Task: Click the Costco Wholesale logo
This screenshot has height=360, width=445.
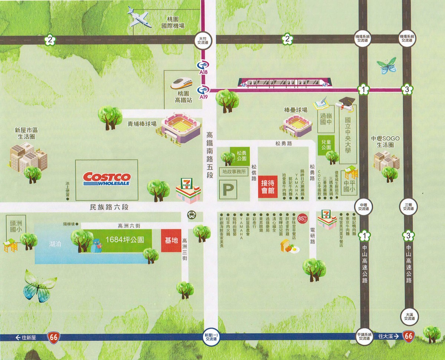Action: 106,179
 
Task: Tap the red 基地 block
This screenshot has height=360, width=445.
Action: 171,240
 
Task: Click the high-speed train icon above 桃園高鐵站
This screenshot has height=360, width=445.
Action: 182,83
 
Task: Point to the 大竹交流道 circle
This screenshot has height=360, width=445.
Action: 202,40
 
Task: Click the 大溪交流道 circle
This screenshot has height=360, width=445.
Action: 409,316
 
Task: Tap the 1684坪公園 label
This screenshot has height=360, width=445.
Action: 120,239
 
